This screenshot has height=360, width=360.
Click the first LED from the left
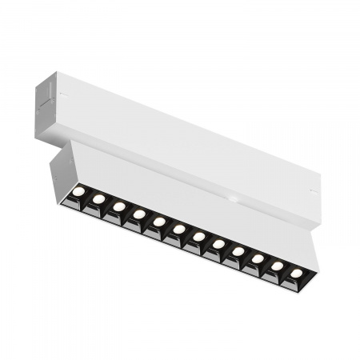pyautogui.click(x=78, y=191)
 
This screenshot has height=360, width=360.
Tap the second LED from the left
pyautogui.click(x=98, y=198)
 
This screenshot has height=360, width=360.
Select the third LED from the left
pyautogui.click(x=118, y=206)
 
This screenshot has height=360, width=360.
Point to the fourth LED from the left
pyautogui.click(x=139, y=214)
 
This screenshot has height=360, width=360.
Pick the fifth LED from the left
pyautogui.click(x=159, y=221)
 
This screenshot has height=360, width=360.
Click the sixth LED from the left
pyautogui.click(x=179, y=228)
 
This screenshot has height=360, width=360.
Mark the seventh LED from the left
pyautogui.click(x=198, y=236)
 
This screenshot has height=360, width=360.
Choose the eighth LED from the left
pyautogui.click(x=218, y=243)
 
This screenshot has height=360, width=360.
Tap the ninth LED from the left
pyautogui.click(x=238, y=251)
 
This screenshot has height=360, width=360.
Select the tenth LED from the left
pyautogui.click(x=258, y=258)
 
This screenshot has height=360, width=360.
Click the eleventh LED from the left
pyautogui.click(x=277, y=266)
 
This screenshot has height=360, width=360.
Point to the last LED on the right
pyautogui.click(x=297, y=274)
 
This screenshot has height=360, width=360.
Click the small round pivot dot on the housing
pyautogui.click(x=231, y=196)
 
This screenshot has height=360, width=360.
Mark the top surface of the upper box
pyautogui.click(x=200, y=128)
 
